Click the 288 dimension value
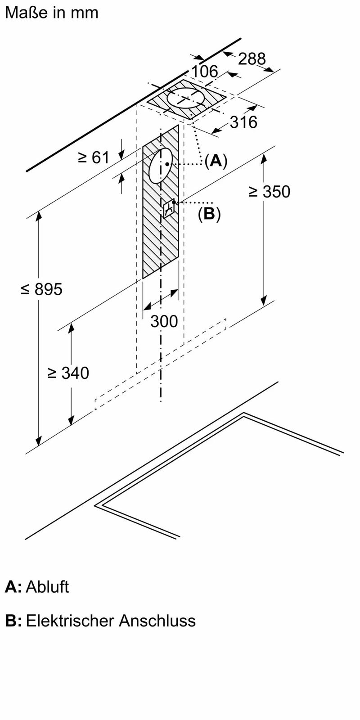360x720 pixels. coord(252,58)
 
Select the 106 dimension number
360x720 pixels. coord(204,72)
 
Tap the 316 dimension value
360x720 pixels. coord(243,121)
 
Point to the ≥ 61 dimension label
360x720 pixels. coord(94,157)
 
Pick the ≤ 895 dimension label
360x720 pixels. coord(41,289)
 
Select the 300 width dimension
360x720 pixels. coord(164,321)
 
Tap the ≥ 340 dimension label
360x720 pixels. coord(68,373)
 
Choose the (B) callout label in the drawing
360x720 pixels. coord(209,214)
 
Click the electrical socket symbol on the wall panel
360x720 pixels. coord(169,208)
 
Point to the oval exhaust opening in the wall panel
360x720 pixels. coord(160,166)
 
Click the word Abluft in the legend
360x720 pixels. coord(47,587)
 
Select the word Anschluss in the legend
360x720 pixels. coord(157,621)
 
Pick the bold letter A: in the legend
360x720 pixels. coord(13,587)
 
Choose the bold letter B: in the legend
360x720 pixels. coord(13,621)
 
